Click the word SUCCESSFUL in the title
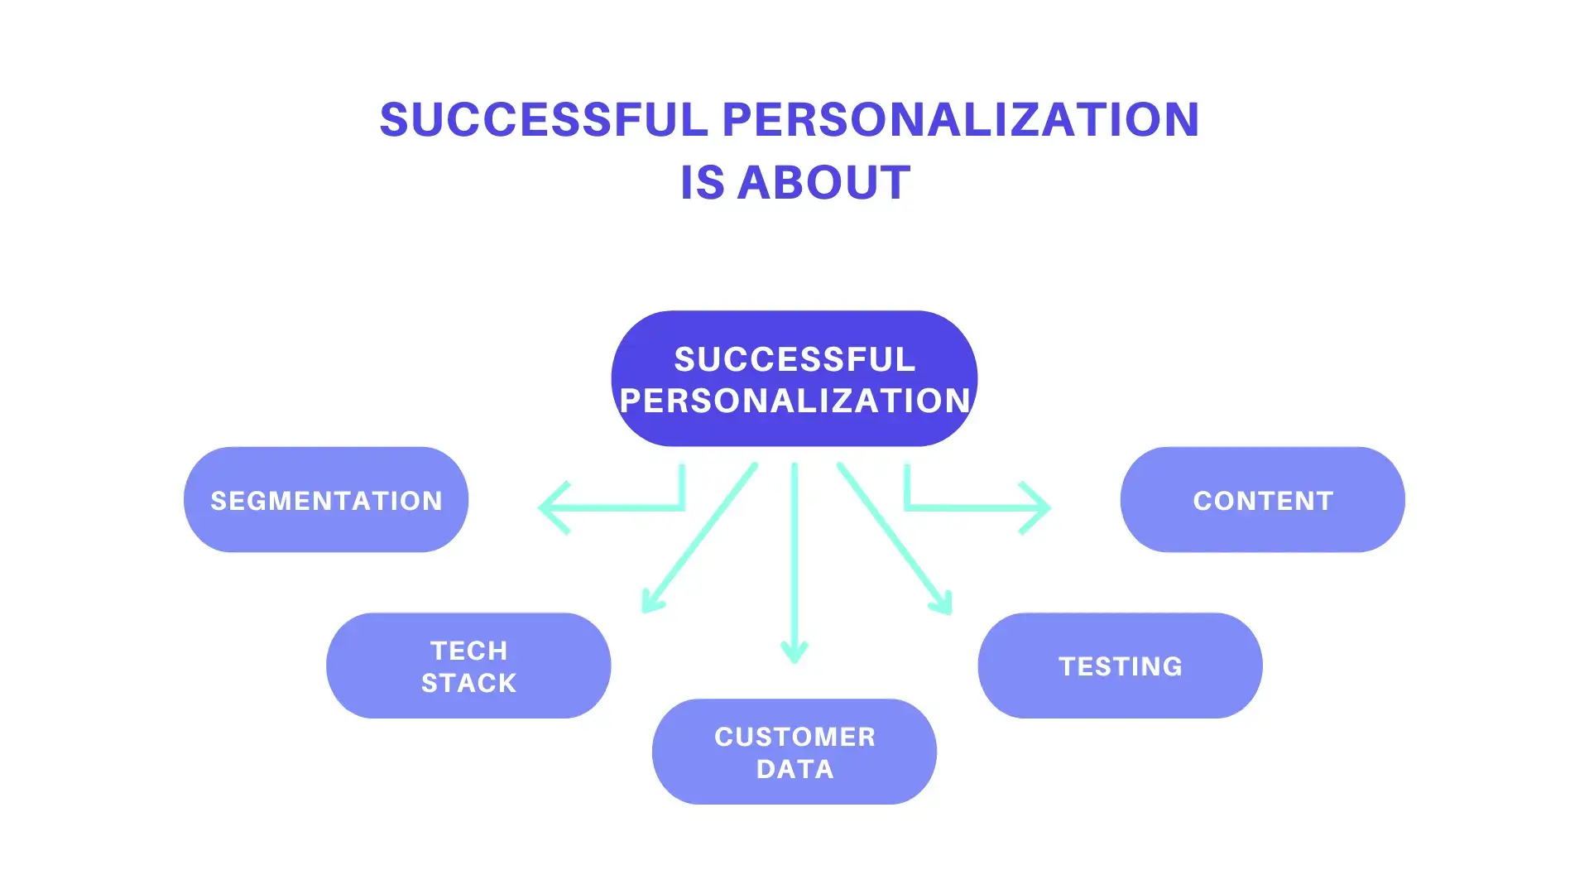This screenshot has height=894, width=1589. (x=543, y=119)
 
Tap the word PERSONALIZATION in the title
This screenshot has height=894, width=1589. (x=961, y=119)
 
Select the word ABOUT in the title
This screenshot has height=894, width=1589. (x=823, y=183)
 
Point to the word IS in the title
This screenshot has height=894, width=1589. (x=702, y=183)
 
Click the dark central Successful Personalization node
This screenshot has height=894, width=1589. (x=794, y=378)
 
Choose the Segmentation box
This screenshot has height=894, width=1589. (x=326, y=500)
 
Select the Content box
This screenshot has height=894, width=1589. (x=1262, y=500)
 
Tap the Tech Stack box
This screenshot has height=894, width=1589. (x=468, y=666)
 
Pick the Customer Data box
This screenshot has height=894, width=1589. (x=794, y=752)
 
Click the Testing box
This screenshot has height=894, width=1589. (x=1120, y=666)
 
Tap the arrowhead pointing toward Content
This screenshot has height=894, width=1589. (x=1039, y=507)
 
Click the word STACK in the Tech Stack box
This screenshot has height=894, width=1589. (x=468, y=683)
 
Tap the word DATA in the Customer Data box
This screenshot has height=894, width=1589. (x=794, y=769)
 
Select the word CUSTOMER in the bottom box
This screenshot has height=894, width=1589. (x=794, y=737)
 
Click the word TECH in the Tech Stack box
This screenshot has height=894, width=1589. (x=468, y=651)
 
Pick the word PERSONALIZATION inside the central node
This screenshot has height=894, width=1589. (x=794, y=401)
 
